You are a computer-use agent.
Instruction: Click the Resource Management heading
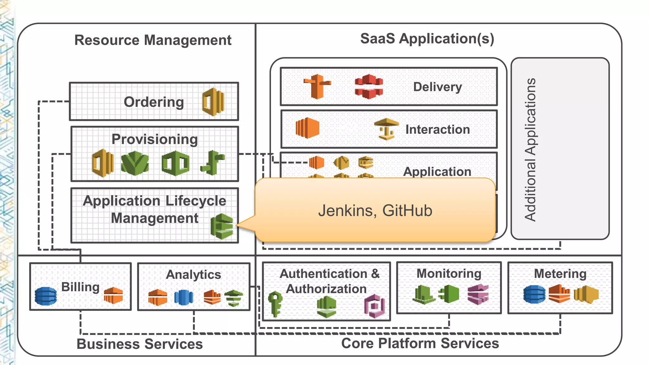point(153,40)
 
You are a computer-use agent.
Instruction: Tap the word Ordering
point(154,102)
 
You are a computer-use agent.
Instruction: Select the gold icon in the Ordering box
point(213,102)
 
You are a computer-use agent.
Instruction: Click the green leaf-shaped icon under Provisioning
point(135,163)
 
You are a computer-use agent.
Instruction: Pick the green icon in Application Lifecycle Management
point(222,226)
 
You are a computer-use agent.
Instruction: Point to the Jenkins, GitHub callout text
point(375,211)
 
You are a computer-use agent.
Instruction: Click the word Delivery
point(437,87)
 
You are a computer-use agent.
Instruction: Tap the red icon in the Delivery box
point(369,86)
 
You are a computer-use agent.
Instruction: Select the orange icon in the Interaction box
point(307,128)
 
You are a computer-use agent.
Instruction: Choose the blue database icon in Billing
point(46,296)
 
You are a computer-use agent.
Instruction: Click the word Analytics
point(193,274)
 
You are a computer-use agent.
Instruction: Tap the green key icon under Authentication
point(275,304)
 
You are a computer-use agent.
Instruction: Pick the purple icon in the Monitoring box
point(478,294)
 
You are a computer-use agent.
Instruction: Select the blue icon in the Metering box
point(534,294)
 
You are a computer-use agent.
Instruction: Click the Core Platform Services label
point(420,343)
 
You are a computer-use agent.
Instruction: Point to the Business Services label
point(139,344)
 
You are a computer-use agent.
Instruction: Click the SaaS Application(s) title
point(427,39)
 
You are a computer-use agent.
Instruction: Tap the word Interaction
point(437,130)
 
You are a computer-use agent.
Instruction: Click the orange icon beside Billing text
point(113,295)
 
